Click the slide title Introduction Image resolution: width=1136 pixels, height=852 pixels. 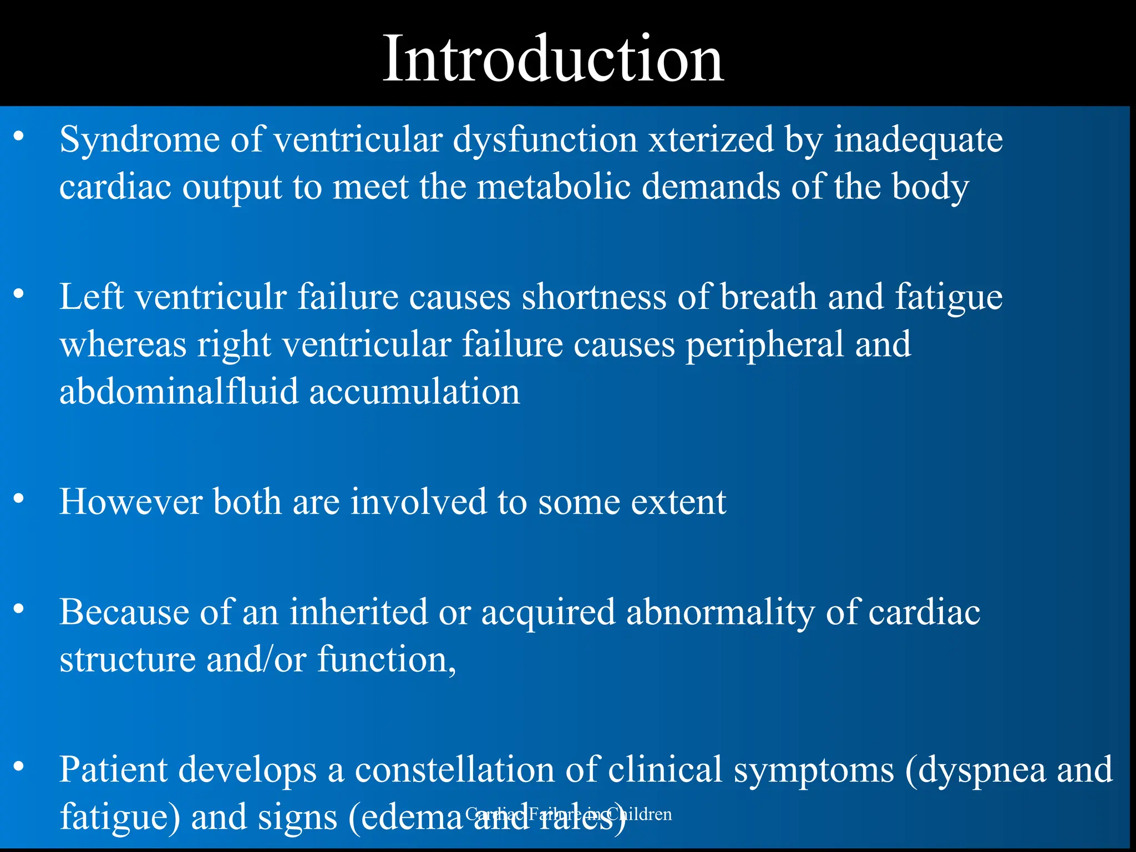(553, 59)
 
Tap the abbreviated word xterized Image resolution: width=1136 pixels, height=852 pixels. (711, 139)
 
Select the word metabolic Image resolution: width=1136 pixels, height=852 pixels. (554, 186)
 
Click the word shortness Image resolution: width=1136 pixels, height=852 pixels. (594, 297)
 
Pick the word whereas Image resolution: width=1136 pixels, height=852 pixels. (123, 344)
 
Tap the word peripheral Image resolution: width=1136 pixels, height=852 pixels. (764, 344)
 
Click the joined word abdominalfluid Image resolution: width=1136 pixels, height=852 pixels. (179, 392)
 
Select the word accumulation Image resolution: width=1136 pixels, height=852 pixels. (414, 392)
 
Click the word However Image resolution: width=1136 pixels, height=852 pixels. (131, 502)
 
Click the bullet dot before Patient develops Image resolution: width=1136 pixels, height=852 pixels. (19, 767)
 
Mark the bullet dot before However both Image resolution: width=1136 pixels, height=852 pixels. (19, 499)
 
